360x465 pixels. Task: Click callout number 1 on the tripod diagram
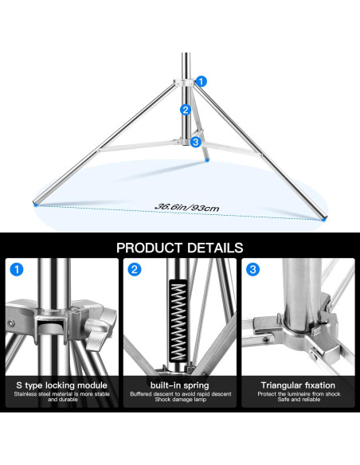pos(201,81)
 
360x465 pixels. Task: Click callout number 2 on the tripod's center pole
pos(186,110)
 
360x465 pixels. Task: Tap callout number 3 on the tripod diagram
pos(195,142)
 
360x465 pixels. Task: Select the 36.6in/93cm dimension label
pos(186,207)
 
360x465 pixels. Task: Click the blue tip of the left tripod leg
pos(36,204)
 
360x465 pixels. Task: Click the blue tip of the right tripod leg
pos(323,219)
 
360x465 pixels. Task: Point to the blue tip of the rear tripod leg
pos(207,160)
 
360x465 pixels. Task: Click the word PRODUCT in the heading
pos(149,248)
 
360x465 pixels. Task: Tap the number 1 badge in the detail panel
pos(17,269)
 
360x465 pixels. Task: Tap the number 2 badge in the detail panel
pos(135,269)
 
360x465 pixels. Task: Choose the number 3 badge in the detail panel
pos(252,269)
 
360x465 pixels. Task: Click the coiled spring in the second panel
pos(178,321)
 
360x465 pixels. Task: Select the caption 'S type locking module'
pos(61,385)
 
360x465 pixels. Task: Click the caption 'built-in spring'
pos(180,385)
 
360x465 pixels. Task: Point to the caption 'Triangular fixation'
pos(298,385)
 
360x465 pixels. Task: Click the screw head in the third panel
pos(268,340)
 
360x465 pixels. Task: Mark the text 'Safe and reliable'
pos(299,400)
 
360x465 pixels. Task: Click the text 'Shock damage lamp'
pos(180,400)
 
